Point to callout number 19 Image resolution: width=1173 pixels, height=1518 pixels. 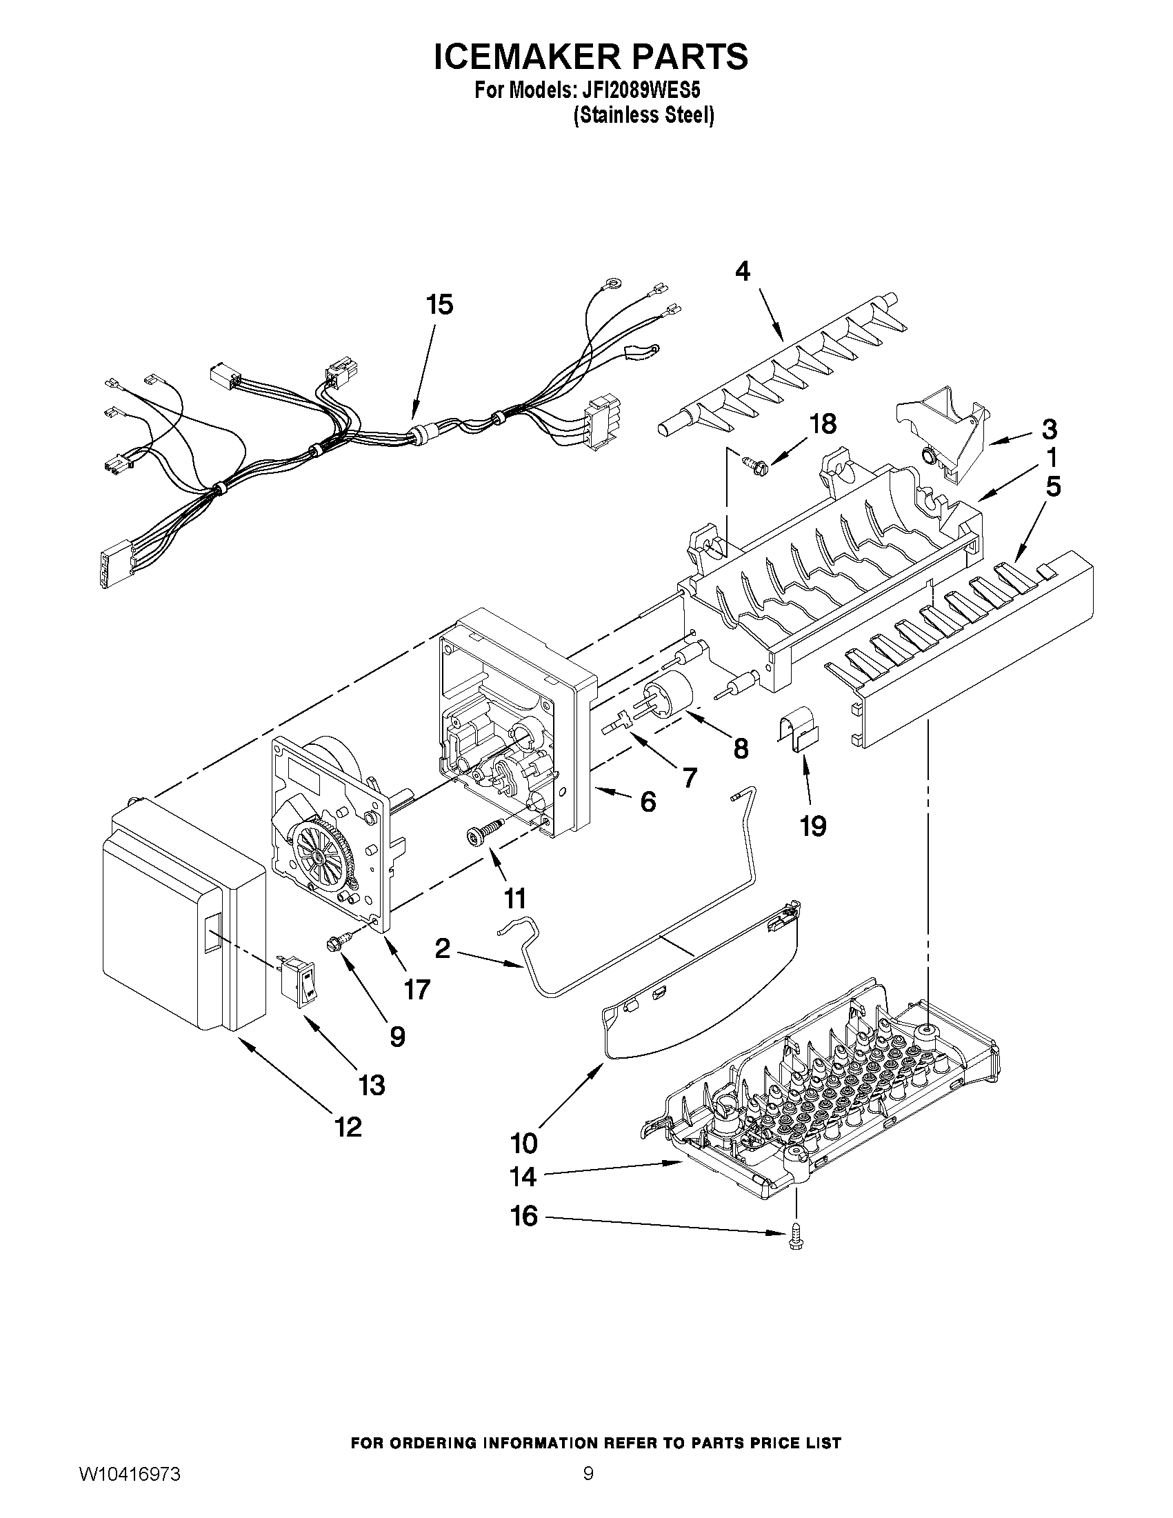(812, 826)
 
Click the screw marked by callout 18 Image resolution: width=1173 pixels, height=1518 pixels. (754, 459)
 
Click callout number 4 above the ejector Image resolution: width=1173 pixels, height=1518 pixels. (743, 271)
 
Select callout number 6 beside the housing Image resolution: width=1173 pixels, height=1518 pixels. (647, 801)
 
